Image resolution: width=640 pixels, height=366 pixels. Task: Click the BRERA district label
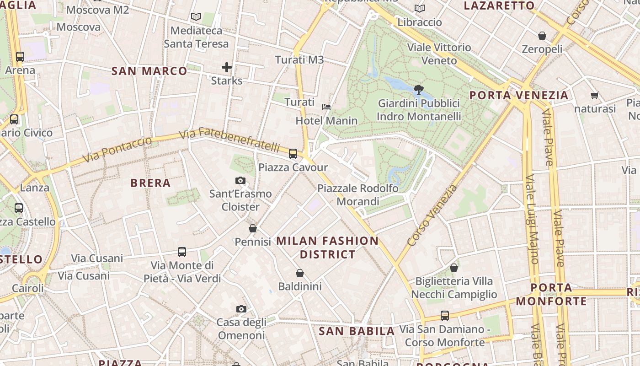click(x=150, y=183)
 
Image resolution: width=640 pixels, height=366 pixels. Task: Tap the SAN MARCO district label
click(x=149, y=71)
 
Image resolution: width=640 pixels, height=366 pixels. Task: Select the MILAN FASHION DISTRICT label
click(x=328, y=248)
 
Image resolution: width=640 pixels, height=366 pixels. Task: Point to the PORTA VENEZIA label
click(x=519, y=96)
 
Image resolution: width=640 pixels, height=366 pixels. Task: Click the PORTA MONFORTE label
click(x=551, y=294)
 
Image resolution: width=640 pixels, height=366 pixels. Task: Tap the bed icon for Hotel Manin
click(x=326, y=107)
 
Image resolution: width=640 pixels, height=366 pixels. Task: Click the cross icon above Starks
click(x=227, y=68)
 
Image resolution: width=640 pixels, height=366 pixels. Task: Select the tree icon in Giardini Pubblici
click(x=418, y=89)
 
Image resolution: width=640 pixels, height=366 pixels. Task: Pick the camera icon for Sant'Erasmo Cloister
click(x=240, y=181)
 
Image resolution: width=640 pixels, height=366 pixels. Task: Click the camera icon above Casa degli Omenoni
click(x=241, y=309)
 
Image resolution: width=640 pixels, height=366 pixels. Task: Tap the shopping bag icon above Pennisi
click(x=253, y=228)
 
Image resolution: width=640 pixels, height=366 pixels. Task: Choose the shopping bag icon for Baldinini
click(x=300, y=273)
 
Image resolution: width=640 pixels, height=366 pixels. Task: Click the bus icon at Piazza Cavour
click(x=293, y=154)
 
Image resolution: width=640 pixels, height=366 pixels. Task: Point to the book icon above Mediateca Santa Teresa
click(x=196, y=17)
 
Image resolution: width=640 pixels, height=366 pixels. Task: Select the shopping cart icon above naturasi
click(x=594, y=96)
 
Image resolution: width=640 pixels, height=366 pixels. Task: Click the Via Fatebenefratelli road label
click(x=229, y=140)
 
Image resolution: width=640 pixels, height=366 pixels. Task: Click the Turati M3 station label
click(x=299, y=60)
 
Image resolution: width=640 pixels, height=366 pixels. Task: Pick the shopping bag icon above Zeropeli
click(x=542, y=36)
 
